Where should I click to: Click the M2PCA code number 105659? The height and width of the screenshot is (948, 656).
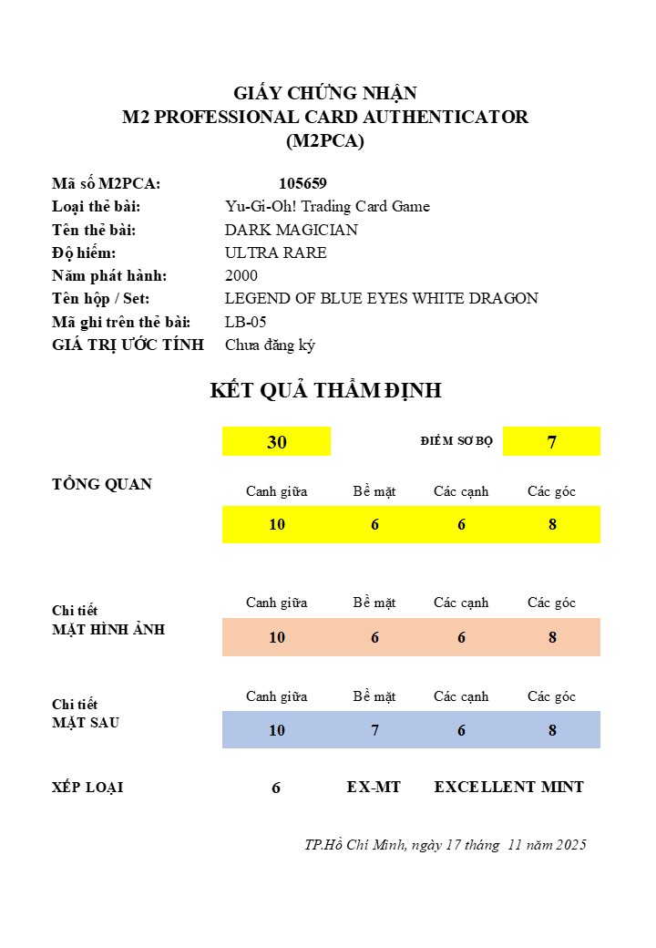(x=302, y=183)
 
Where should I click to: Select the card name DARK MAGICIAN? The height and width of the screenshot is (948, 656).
(x=291, y=230)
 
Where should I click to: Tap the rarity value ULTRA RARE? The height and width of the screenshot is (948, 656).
(x=275, y=252)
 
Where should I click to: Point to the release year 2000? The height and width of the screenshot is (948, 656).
(x=241, y=275)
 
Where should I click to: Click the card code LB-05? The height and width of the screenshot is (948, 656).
(x=245, y=322)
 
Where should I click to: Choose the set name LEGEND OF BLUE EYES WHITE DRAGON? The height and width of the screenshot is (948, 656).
(x=381, y=298)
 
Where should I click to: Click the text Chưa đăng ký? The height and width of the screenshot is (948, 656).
(x=270, y=345)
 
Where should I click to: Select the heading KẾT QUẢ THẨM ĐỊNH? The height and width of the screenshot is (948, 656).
(x=325, y=391)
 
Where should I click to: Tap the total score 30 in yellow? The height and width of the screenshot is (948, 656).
(x=276, y=442)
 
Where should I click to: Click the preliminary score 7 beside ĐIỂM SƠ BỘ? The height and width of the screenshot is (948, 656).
(x=551, y=442)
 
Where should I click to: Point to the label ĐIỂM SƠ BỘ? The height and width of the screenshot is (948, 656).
(x=456, y=442)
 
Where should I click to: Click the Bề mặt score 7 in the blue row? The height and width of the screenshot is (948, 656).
(x=374, y=730)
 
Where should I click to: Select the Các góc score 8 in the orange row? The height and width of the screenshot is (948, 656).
(x=552, y=637)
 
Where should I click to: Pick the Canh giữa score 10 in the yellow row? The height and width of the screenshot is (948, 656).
(x=277, y=524)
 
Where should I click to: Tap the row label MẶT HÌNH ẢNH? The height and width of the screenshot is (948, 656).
(x=108, y=629)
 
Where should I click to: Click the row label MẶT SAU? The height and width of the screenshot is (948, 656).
(x=86, y=723)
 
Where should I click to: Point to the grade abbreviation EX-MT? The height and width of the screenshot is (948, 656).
(x=374, y=787)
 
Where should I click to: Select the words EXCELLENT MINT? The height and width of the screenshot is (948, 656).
(x=508, y=787)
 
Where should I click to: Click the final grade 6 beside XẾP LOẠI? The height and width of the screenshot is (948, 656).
(x=276, y=788)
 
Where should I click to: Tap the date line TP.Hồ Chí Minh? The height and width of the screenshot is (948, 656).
(x=446, y=845)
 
